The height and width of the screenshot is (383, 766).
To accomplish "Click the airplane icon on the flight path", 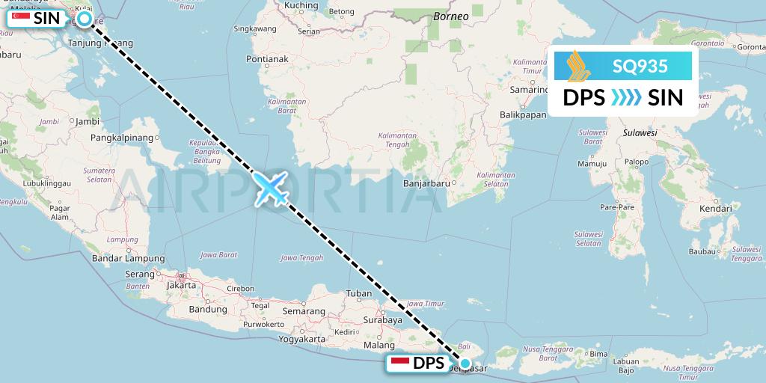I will (x=272, y=188).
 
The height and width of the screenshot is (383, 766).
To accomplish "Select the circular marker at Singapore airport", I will (x=85, y=18).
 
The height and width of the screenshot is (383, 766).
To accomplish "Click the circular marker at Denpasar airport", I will (x=465, y=364).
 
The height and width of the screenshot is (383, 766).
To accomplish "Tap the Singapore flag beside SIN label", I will (x=21, y=18).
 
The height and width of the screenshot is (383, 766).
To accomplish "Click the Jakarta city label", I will (x=182, y=285).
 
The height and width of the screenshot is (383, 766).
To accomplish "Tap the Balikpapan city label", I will (x=524, y=115).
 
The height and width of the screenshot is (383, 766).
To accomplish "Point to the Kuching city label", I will (x=301, y=6).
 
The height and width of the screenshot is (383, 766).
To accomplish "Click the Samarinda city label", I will (x=530, y=90).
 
